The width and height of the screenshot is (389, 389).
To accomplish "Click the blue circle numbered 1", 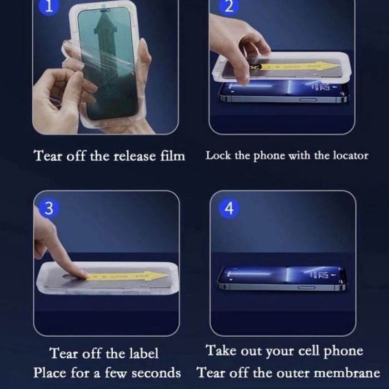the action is pyautogui.click(x=49, y=7).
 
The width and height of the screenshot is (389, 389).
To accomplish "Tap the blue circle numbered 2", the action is pyautogui.click(x=229, y=7).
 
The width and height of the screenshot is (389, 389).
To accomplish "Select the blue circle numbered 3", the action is pyautogui.click(x=49, y=208).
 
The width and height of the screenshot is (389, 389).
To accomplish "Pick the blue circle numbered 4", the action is pyautogui.click(x=229, y=208).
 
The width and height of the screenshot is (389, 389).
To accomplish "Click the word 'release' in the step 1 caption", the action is pyautogui.click(x=134, y=156).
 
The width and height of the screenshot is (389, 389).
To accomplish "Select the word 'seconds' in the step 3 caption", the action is pyautogui.click(x=156, y=373).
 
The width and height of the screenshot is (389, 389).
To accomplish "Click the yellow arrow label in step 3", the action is pyautogui.click(x=127, y=276).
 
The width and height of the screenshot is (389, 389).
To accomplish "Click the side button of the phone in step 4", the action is pyautogui.click(x=307, y=287).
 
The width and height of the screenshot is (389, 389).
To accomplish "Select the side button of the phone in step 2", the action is pyautogui.click(x=308, y=99).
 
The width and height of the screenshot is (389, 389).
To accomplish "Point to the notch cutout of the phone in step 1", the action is pyautogui.click(x=105, y=11).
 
